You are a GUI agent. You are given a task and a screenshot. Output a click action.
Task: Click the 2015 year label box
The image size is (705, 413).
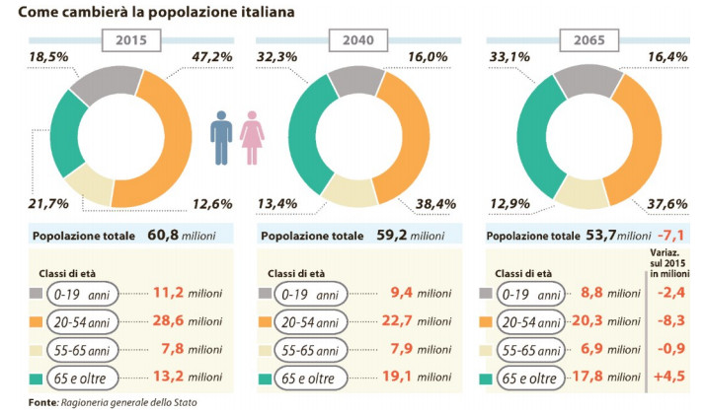click(132, 41)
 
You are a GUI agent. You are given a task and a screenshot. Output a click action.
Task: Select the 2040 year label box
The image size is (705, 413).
click(358, 41)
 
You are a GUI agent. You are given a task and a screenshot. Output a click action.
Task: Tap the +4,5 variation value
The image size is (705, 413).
click(671, 378)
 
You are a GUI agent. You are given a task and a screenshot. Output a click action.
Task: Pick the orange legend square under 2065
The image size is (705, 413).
click(485, 321)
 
